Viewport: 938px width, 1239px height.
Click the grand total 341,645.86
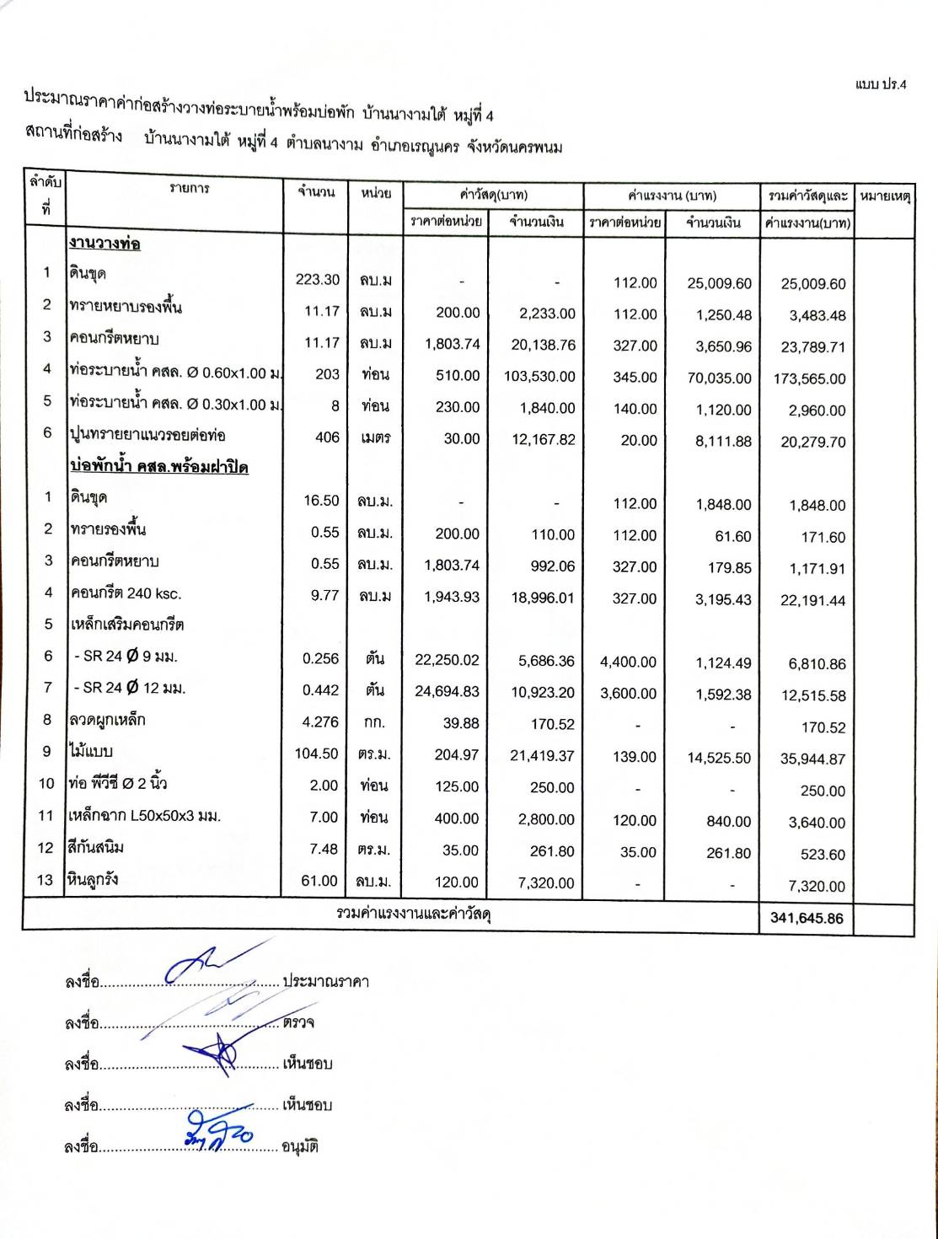(x=806, y=918)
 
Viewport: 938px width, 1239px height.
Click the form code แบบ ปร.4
(x=881, y=84)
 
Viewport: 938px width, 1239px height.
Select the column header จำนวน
(x=316, y=192)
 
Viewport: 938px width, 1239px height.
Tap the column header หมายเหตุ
(x=885, y=196)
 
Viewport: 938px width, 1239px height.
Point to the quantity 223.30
(x=318, y=280)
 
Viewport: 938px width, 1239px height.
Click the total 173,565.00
(x=809, y=378)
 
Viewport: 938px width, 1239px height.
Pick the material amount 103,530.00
(x=539, y=377)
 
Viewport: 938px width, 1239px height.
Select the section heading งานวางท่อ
(x=105, y=244)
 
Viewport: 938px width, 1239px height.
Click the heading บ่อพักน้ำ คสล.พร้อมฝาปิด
(x=158, y=466)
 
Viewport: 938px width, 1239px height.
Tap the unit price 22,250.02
(x=447, y=661)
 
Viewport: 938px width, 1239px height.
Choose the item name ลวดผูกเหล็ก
(x=107, y=720)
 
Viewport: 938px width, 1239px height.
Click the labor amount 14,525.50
(x=718, y=758)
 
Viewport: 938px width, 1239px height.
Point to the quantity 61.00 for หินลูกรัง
(x=319, y=881)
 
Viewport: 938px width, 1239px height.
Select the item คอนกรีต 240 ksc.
(x=126, y=593)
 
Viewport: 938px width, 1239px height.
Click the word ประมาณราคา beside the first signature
(x=325, y=982)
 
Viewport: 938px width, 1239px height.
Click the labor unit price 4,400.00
(x=628, y=662)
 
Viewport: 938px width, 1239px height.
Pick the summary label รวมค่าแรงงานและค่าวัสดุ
(x=414, y=913)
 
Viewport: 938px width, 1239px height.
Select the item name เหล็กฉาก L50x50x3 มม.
(x=144, y=816)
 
